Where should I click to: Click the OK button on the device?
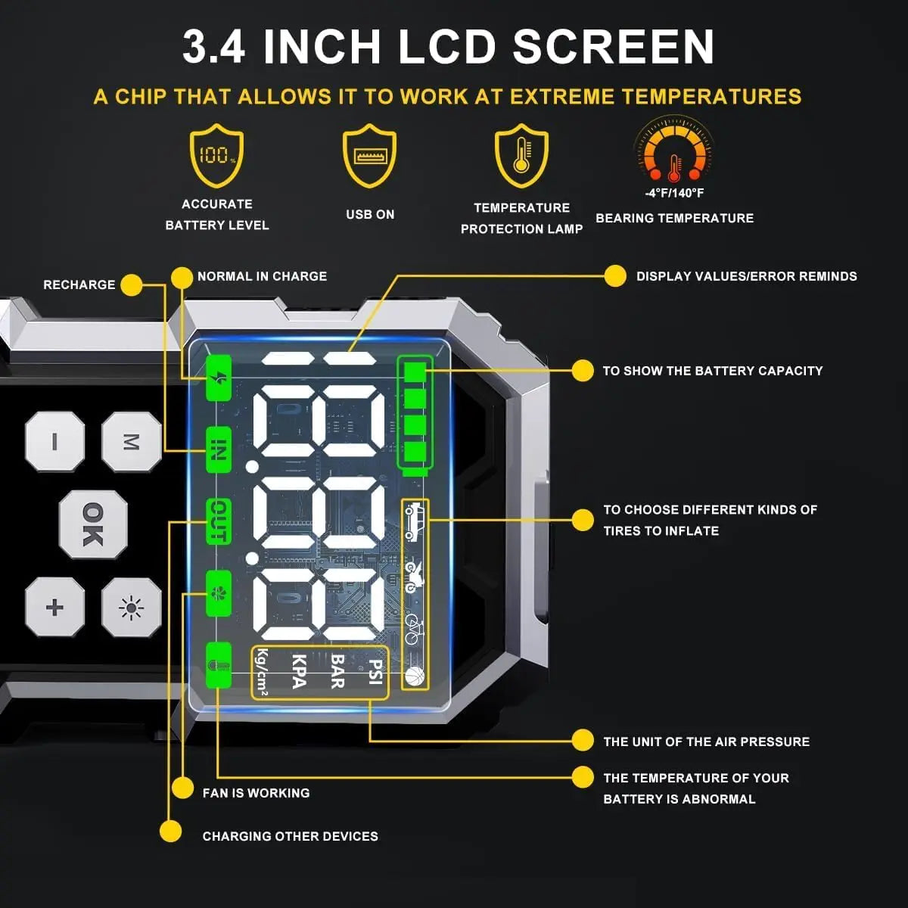[x=92, y=524]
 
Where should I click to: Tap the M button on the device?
[x=132, y=442]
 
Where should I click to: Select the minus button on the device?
[x=54, y=441]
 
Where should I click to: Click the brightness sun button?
[x=132, y=607]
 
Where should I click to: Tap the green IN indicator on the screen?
[x=218, y=449]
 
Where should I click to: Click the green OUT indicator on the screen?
[x=218, y=521]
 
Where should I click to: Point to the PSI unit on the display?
[x=375, y=672]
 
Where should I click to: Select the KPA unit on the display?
[x=298, y=672]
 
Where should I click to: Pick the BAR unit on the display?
[x=337, y=672]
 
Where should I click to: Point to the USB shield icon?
[x=369, y=157]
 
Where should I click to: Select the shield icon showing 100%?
[x=217, y=156]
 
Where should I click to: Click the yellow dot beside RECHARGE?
[x=132, y=285]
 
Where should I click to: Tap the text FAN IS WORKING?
[x=256, y=793]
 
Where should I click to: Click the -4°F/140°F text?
[x=674, y=193]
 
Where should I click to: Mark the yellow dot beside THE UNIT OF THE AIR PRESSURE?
[x=583, y=741]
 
